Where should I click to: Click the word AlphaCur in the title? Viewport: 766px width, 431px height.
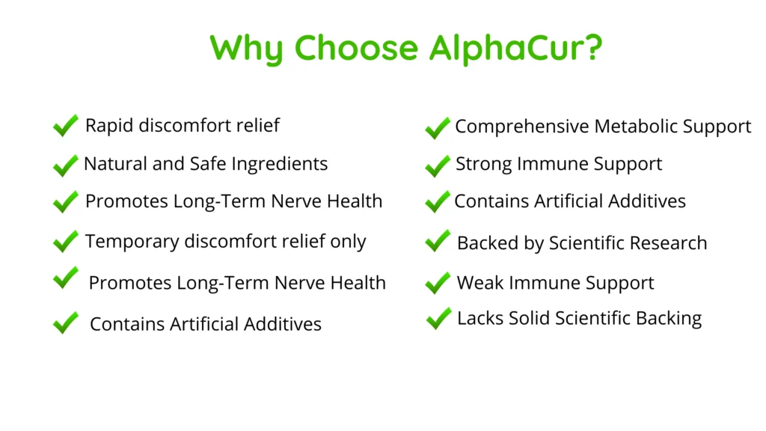[515, 48]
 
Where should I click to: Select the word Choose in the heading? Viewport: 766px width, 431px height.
[357, 48]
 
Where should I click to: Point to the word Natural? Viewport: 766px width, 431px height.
[115, 164]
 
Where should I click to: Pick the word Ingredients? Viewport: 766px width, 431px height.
[280, 164]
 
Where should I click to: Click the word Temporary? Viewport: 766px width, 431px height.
[132, 242]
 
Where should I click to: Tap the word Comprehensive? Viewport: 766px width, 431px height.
[521, 126]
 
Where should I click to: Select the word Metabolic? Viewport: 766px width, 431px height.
[636, 126]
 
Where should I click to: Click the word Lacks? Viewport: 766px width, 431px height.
[480, 318]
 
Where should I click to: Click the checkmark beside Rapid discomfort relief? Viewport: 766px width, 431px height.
[66, 126]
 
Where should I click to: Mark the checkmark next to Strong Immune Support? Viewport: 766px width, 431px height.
[438, 166]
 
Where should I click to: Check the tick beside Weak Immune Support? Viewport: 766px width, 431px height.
[438, 283]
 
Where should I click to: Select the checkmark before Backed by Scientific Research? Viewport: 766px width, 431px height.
[438, 241]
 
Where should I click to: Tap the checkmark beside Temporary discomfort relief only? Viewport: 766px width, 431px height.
[66, 242]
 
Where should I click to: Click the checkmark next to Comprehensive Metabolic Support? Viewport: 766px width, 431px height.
[438, 129]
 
